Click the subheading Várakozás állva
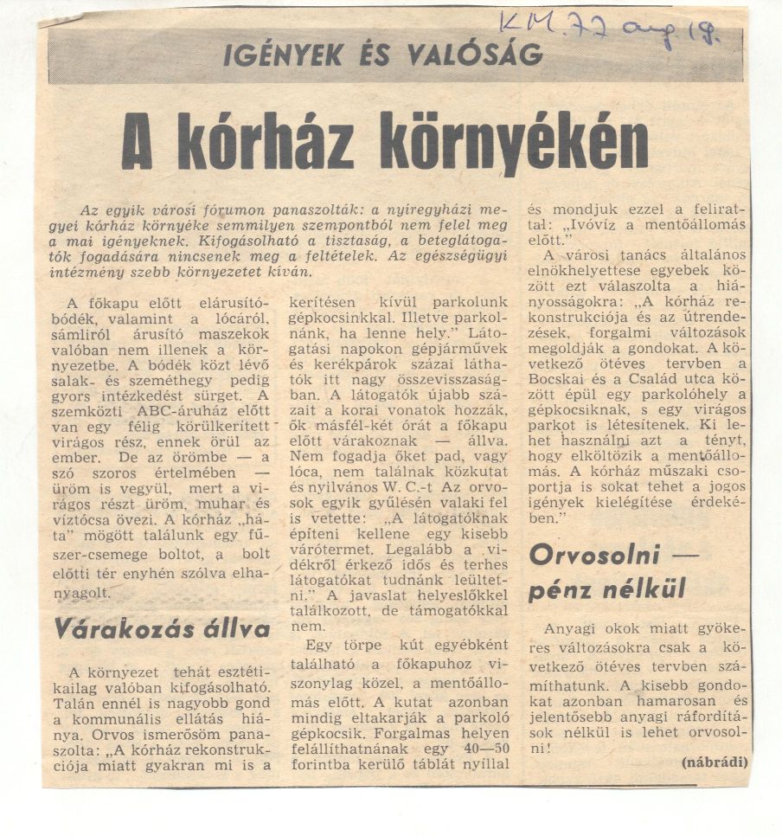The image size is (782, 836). coord(161,628)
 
